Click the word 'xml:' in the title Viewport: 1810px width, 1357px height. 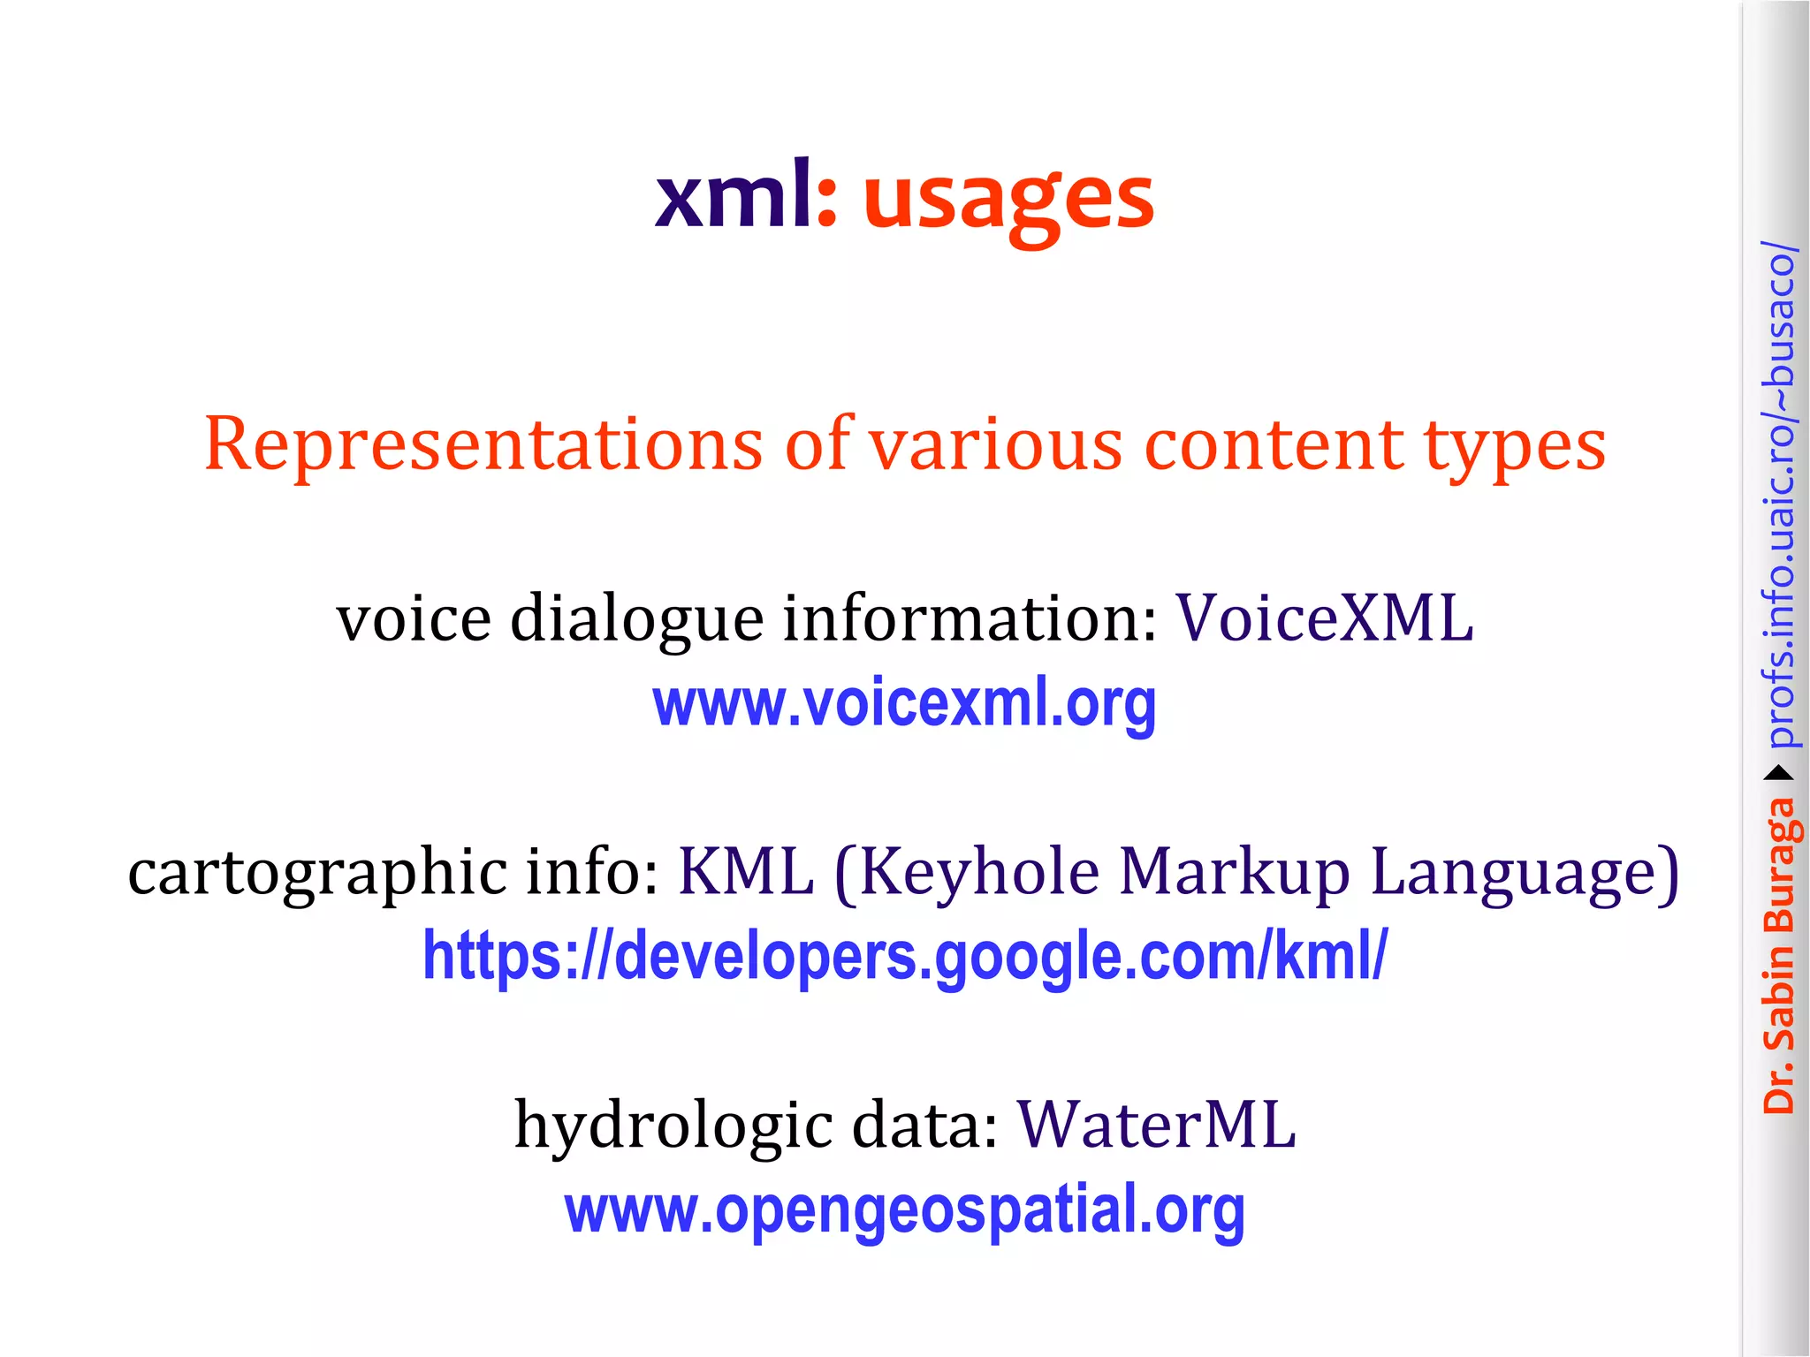point(745,196)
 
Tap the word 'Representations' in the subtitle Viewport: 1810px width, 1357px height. point(483,444)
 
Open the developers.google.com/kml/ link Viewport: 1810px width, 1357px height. point(905,957)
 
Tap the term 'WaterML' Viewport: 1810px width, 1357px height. point(1156,1126)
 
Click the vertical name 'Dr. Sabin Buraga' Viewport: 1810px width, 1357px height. point(1778,955)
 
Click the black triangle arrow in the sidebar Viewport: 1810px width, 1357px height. point(1779,774)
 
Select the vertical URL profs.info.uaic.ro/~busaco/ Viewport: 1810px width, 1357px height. point(1779,495)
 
